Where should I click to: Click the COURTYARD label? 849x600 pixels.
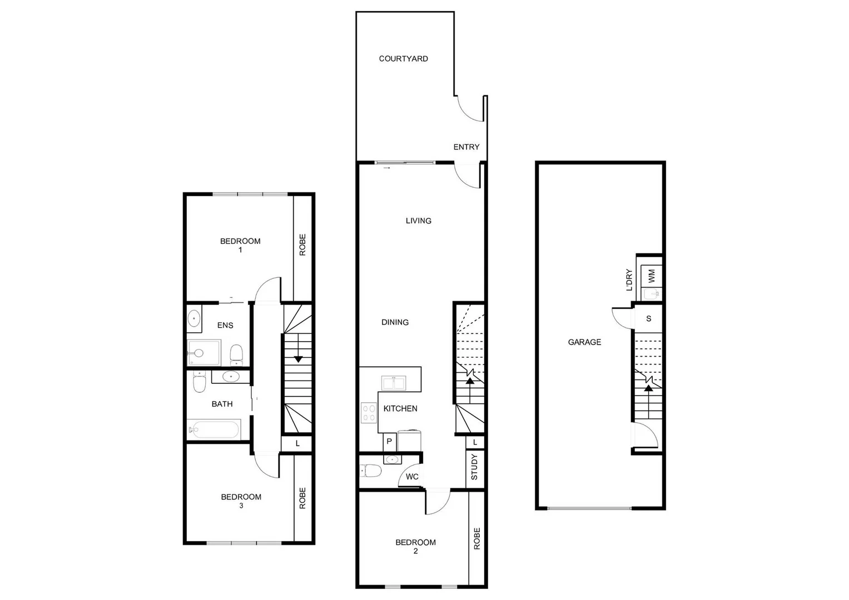pos(403,58)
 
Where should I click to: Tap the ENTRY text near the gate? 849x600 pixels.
pos(466,147)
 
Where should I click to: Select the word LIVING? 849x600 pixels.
pos(418,221)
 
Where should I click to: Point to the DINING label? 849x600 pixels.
pos(395,322)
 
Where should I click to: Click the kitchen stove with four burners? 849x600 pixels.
pos(369,413)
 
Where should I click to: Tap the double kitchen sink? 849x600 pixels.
pos(394,383)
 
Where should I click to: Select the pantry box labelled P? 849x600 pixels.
pos(389,442)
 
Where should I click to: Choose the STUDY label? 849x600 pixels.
pos(474,467)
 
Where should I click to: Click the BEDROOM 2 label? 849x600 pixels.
pos(415,546)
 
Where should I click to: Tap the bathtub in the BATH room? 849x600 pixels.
pos(214,429)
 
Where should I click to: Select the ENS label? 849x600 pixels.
pos(225,325)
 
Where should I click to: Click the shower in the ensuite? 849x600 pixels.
pos(203,352)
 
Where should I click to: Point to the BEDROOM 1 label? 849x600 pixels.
pos(240,245)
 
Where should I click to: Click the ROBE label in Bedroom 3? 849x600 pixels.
pos(302,498)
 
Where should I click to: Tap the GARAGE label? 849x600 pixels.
pos(584,342)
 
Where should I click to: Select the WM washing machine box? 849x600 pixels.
pos(652,274)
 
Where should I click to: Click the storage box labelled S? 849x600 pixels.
pos(648,319)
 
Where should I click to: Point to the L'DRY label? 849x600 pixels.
pos(629,280)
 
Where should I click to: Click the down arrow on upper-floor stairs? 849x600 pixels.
pos(298,359)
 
